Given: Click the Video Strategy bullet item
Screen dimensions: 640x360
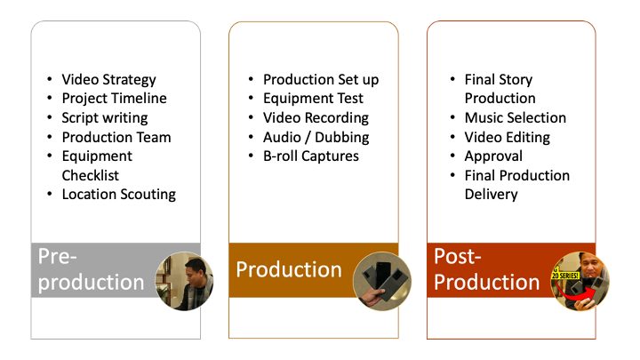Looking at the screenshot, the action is point(108,80).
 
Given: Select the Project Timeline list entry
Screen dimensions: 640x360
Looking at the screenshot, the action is point(115,99).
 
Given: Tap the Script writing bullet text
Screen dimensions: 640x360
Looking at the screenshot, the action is point(105,118).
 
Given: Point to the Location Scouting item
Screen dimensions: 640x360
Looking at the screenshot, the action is point(119,195).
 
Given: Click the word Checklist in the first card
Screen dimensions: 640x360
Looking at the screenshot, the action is point(90,175).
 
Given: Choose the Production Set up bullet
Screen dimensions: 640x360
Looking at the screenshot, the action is point(321,80).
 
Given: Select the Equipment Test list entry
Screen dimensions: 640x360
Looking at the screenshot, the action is point(313,99).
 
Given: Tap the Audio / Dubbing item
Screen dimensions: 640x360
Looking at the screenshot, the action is point(316,137).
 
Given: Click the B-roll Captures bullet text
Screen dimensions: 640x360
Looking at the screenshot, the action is point(311,156).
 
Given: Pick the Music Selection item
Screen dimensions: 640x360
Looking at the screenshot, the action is point(515,118).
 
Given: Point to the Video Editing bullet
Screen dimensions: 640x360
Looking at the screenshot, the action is point(508,137).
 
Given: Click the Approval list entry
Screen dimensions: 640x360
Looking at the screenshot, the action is point(493,156).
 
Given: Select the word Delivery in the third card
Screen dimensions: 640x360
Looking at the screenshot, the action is point(491,195).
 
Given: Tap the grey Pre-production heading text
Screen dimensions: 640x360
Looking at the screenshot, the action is point(91,269).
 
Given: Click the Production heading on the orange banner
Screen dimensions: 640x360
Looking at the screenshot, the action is point(289,270).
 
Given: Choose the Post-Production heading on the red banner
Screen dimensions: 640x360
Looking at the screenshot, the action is point(486,269).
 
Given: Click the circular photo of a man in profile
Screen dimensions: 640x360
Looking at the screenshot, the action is point(185,281).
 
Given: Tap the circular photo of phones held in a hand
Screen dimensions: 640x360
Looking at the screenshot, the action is point(382,281).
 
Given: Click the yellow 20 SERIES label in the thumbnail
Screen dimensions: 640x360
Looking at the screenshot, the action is point(565,276).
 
